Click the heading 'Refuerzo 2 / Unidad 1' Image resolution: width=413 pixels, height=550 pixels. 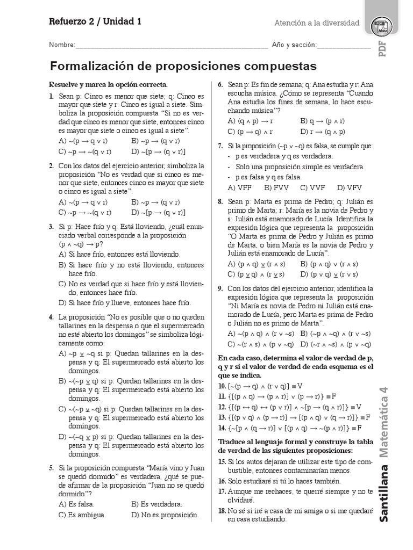point(95,22)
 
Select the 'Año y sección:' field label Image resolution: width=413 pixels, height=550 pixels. point(294,45)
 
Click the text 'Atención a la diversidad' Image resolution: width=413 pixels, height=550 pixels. point(317,23)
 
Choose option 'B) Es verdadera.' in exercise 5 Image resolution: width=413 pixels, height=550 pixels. point(156,504)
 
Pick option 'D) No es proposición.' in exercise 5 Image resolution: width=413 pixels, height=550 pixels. point(165,515)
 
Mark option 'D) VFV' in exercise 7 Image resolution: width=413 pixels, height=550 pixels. point(349,187)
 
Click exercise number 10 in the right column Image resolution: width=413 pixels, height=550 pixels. point(222,386)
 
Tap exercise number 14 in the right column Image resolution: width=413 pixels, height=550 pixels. point(222,428)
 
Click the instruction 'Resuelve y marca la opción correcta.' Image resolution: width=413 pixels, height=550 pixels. point(109,84)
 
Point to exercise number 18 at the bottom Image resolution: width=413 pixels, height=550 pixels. point(222,510)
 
